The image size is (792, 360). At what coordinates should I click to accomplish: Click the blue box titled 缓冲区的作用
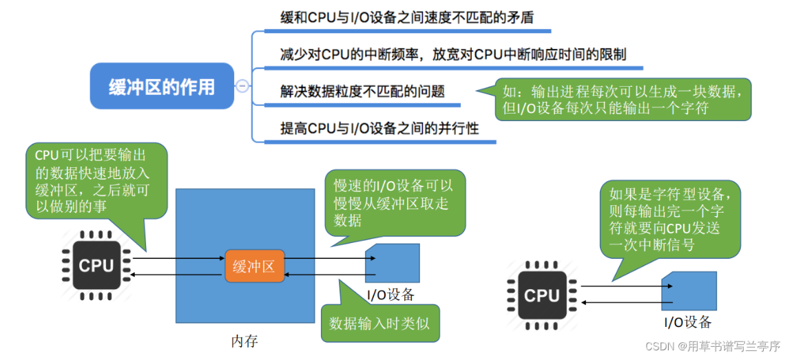coord(162,86)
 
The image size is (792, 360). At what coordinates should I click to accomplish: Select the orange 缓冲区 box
coord(254,267)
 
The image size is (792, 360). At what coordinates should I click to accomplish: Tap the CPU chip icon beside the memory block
coord(96,265)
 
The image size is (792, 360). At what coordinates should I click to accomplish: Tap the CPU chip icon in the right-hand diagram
coord(541,295)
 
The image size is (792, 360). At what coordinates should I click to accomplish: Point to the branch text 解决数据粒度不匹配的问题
coord(362,92)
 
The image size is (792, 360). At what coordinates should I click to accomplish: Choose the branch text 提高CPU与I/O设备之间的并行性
coord(379,128)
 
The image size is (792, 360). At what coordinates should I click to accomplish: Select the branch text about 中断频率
coord(452,54)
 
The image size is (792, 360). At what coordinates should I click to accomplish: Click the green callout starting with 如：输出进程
coord(623,99)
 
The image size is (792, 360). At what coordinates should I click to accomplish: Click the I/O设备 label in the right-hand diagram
coord(687,322)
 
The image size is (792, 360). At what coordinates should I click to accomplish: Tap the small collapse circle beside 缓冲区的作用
coord(242,86)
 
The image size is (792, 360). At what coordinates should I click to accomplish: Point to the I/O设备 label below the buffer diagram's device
coord(390,295)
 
